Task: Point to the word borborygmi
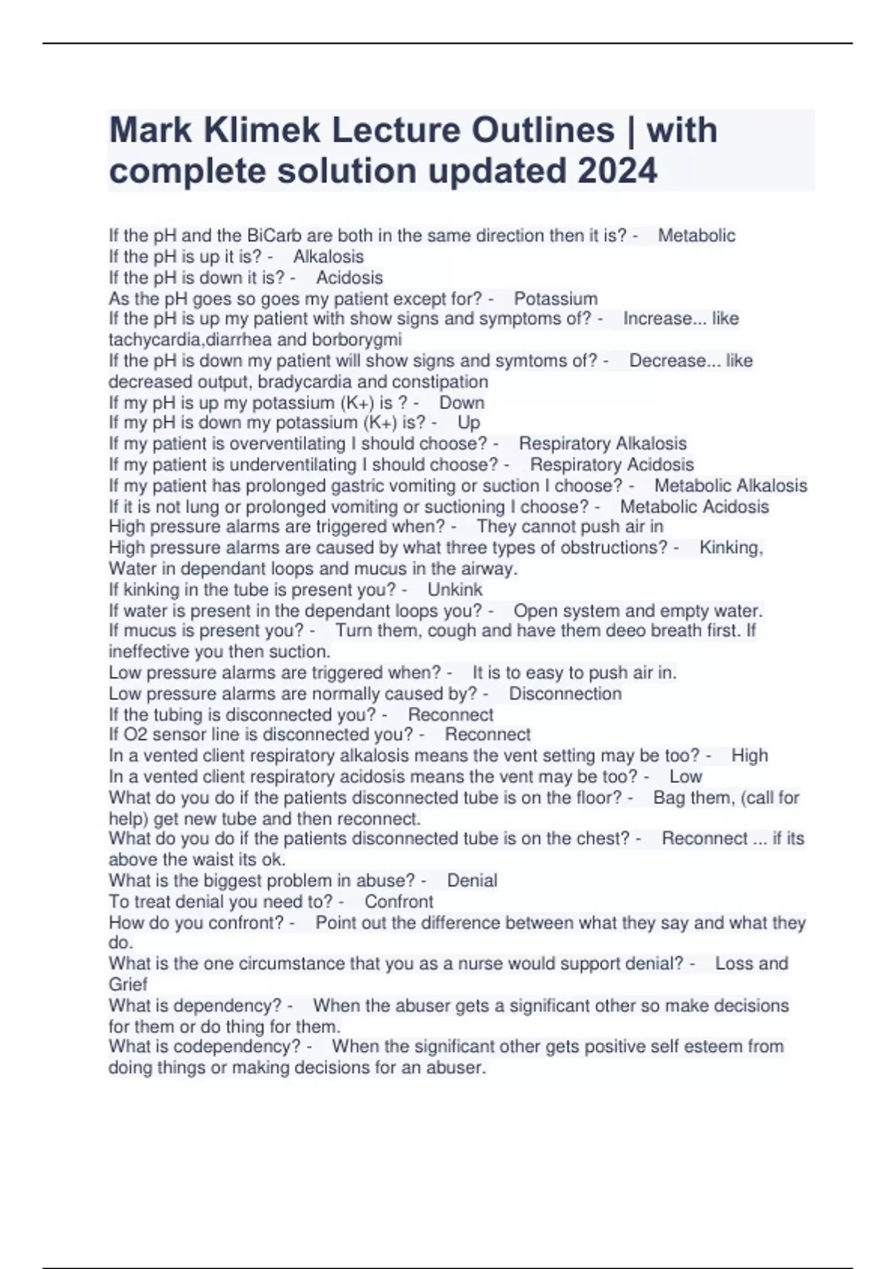(x=357, y=340)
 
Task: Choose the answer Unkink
(x=455, y=590)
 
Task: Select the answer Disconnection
(x=565, y=693)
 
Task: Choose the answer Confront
(x=399, y=901)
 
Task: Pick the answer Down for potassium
(x=461, y=402)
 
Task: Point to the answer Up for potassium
(x=468, y=423)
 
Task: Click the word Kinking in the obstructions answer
(x=731, y=548)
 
